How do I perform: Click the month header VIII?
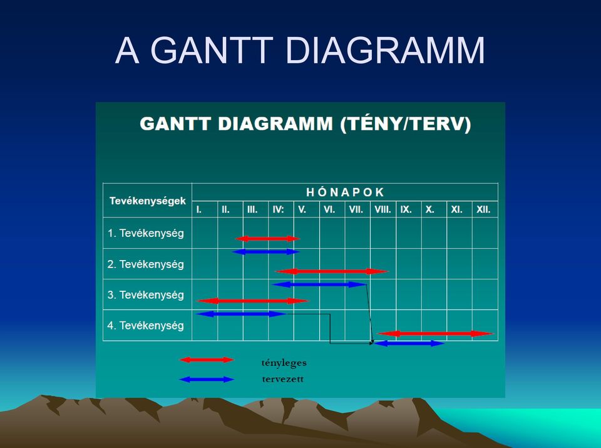coord(383,210)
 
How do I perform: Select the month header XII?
coord(483,210)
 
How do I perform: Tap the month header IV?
coord(278,210)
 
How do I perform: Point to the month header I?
coord(198,210)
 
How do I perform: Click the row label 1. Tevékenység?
coord(146,233)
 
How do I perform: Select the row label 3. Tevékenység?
coord(146,295)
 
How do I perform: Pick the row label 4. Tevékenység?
coord(146,326)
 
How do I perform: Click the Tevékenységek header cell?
coord(148,201)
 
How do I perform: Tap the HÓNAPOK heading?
coord(345,192)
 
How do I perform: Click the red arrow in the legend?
coord(207,360)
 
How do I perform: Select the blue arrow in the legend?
coord(207,379)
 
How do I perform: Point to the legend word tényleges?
coord(284,363)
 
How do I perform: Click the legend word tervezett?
coord(283,379)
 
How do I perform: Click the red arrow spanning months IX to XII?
coord(436,333)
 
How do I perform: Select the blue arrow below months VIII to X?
coord(409,343)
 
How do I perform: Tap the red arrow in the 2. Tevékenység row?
coord(332,271)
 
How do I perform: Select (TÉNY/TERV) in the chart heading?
coord(406,124)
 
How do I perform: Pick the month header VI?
coord(329,210)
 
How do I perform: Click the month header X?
coord(429,210)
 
